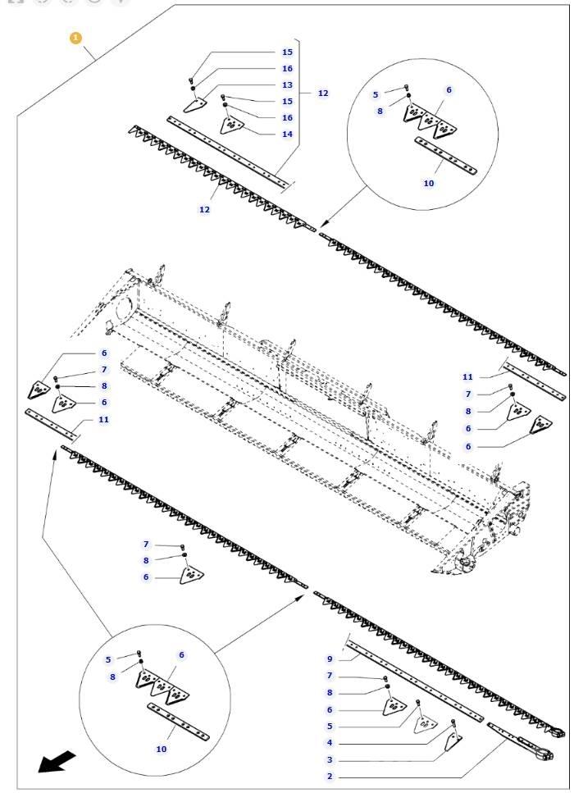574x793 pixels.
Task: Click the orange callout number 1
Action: [76, 38]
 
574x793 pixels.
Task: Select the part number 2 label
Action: [330, 776]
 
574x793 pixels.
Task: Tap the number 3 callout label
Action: [330, 760]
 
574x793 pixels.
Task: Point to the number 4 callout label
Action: [330, 743]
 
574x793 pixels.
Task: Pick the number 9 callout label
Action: [330, 659]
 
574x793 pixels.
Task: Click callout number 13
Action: [287, 84]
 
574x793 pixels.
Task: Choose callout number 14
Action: [287, 134]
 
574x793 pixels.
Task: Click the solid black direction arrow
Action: [57, 763]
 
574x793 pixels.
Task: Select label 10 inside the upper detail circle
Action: [429, 183]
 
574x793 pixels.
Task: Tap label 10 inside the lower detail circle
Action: [162, 749]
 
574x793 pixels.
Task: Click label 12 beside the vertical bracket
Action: [323, 93]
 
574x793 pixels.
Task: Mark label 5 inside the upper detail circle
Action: [376, 95]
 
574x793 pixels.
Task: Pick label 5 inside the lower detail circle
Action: [108, 659]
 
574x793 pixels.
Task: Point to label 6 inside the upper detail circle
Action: [449, 90]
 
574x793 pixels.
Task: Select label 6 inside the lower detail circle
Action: [181, 655]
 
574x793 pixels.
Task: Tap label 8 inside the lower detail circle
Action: [112, 677]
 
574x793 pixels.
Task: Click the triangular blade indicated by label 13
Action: [194, 105]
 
